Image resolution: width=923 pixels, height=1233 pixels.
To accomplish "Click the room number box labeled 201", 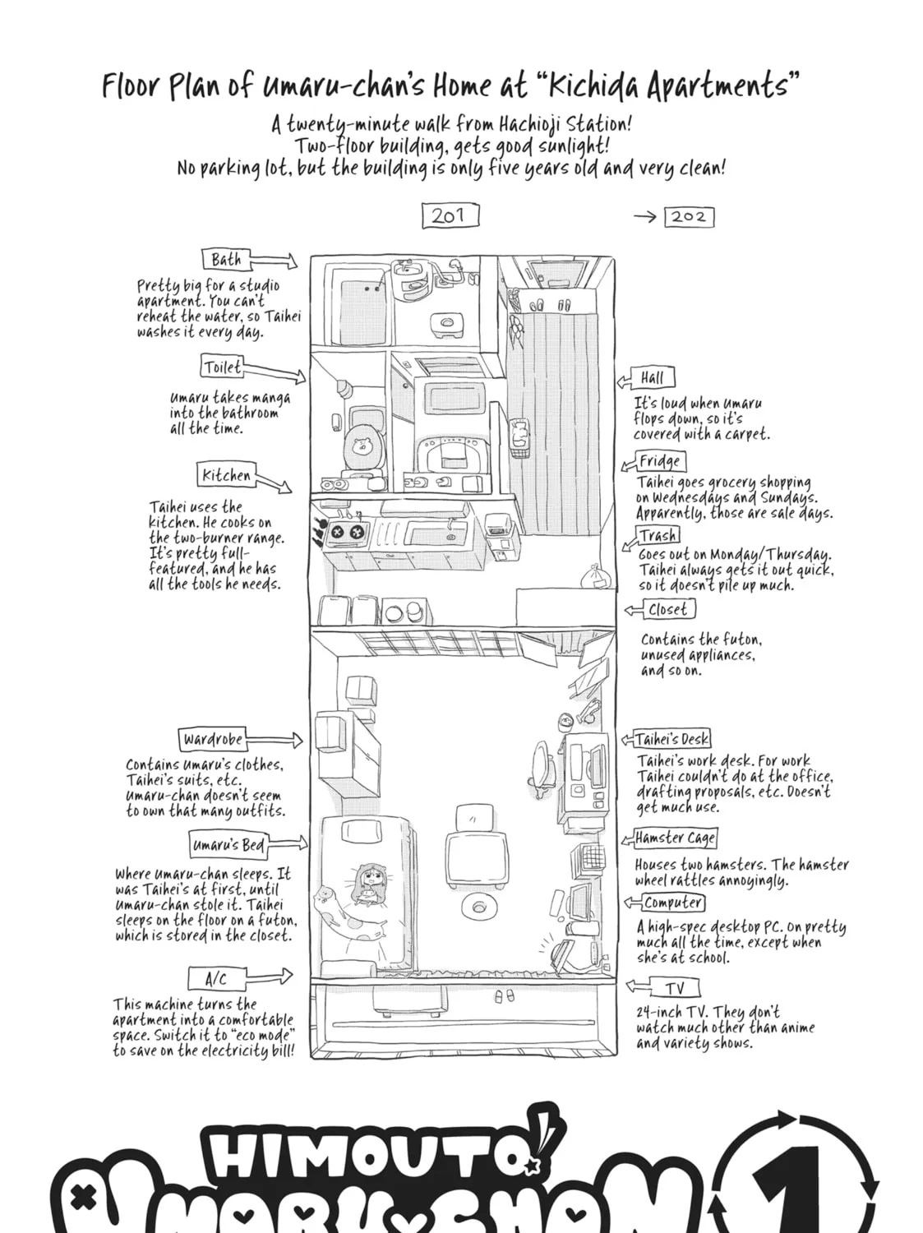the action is pos(450,215).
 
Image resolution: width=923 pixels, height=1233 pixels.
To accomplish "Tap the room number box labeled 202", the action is pos(689,217).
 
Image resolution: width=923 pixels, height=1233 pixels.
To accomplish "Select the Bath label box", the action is pos(226,260).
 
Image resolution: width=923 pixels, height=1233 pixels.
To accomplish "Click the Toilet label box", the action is pos(223,367).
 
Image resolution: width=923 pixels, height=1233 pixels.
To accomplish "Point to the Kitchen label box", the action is pos(226,474).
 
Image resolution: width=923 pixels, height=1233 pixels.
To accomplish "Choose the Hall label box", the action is pos(653,378).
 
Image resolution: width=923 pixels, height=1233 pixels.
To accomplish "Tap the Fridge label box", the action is pos(660,461).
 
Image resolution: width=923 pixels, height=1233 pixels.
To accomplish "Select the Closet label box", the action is pos(669,609).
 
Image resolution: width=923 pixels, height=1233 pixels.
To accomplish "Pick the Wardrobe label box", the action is pos(213,739).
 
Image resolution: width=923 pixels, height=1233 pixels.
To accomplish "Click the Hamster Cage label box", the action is pos(676,838).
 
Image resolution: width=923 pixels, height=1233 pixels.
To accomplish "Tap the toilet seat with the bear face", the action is pos(363,446).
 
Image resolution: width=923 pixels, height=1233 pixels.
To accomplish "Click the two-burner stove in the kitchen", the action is pos(346,529).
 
